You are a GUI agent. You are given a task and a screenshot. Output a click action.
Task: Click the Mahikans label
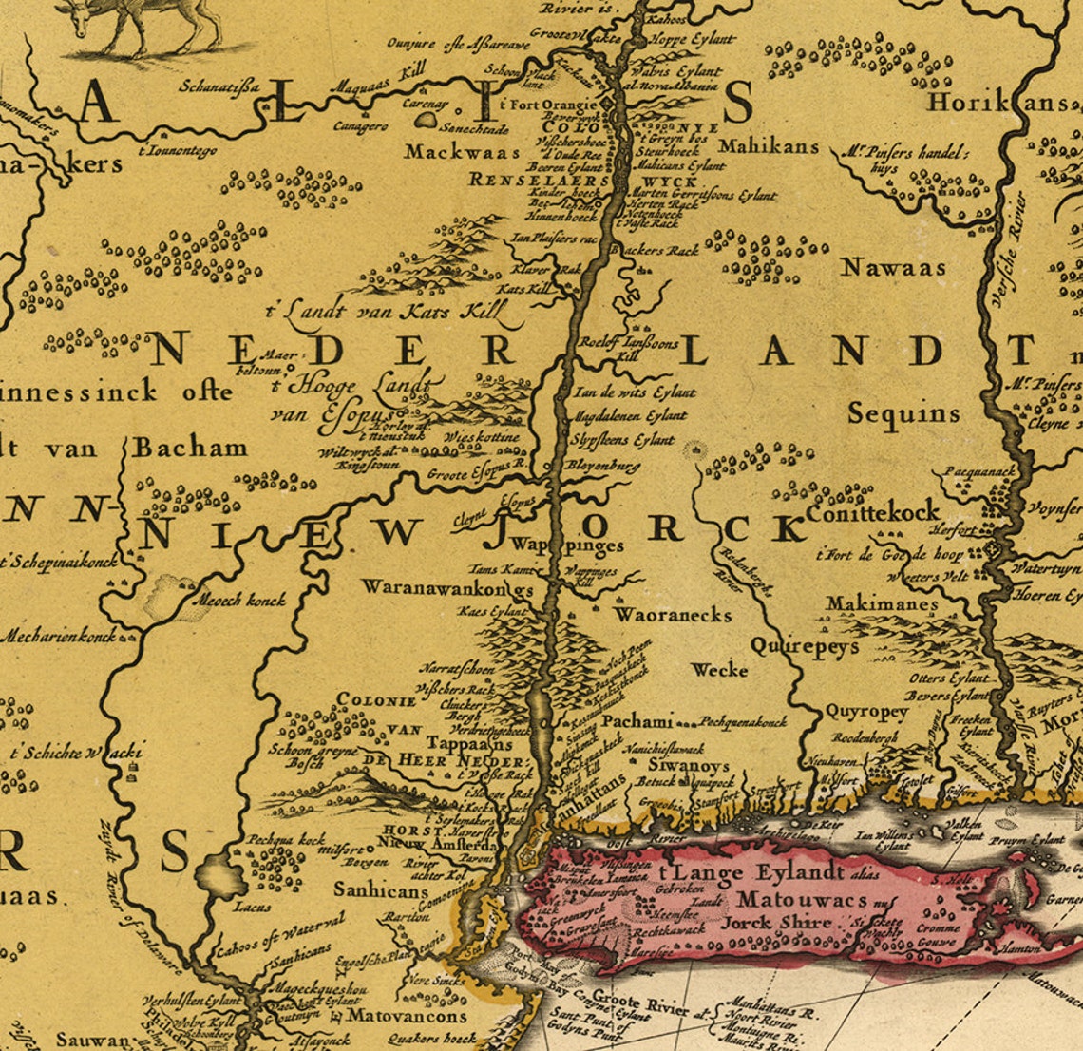769,146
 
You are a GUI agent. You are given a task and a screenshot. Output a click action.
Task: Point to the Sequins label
903,413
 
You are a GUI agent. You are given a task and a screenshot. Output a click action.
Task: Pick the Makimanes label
882,603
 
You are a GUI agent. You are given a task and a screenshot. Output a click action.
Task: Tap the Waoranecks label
673,615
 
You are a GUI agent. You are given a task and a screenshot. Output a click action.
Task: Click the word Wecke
719,670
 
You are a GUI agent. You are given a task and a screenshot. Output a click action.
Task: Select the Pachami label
637,721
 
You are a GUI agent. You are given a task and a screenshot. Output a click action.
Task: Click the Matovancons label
405,1015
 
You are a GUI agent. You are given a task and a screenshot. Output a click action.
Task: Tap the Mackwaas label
462,152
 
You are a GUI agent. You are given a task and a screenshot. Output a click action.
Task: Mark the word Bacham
190,447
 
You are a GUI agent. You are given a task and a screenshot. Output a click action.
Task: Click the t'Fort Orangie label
548,105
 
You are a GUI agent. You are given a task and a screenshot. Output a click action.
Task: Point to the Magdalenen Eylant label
629,416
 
